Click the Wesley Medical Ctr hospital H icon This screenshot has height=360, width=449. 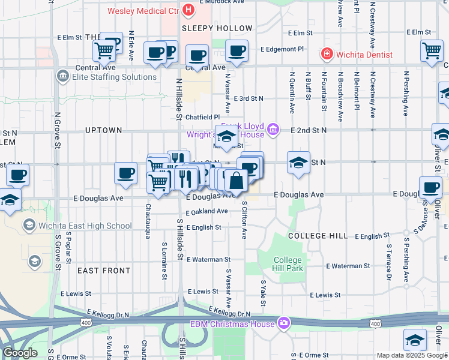click(188, 10)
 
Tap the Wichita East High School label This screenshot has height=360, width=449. click(85, 226)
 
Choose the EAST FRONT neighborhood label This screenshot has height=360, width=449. click(104, 271)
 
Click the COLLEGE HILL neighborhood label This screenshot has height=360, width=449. click(318, 236)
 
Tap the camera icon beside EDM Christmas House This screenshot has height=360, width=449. click(283, 325)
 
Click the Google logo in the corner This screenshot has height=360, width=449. click(19, 353)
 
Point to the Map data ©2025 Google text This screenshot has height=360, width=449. click(412, 355)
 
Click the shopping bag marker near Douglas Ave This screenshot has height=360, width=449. click(237, 180)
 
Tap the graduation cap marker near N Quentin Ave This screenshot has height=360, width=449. click(298, 163)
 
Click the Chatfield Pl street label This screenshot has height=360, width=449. click(202, 117)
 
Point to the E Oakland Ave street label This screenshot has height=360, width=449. click(206, 211)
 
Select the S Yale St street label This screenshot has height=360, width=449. click(263, 291)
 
